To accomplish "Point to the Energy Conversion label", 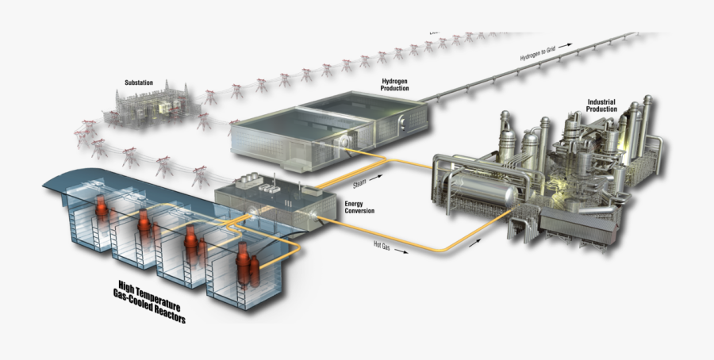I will tap(359, 208).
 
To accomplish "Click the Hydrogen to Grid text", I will tap(539, 53).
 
